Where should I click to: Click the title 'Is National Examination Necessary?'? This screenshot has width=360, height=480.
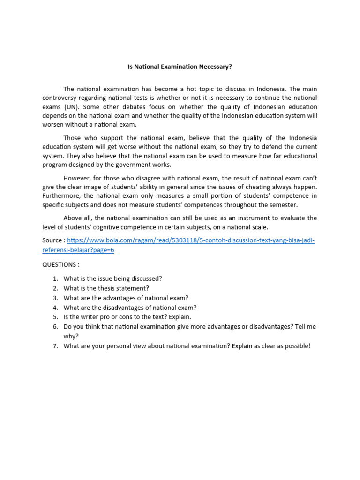point(180,67)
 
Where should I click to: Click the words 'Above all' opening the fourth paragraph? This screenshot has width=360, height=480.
point(77,218)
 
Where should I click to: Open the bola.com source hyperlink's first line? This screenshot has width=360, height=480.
point(191,240)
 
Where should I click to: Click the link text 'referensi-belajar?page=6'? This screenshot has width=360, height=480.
point(78,250)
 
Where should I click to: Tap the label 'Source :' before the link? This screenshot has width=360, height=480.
point(54,240)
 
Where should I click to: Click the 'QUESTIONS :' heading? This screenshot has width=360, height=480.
point(61,264)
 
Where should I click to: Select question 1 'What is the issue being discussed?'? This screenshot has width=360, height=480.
point(112,278)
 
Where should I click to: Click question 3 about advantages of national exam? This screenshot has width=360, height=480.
point(126,298)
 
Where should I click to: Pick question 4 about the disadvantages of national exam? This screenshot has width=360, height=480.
point(130,307)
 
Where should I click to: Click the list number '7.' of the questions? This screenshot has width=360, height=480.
point(55,346)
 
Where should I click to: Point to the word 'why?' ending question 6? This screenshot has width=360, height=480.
point(71,336)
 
